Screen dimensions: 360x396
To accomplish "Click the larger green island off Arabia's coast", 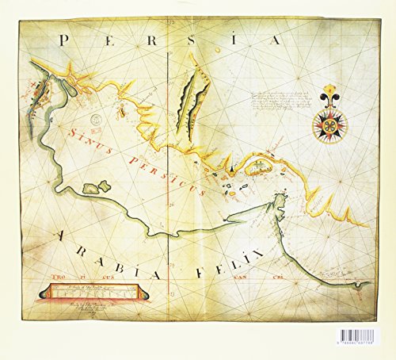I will (x=97, y=188).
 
